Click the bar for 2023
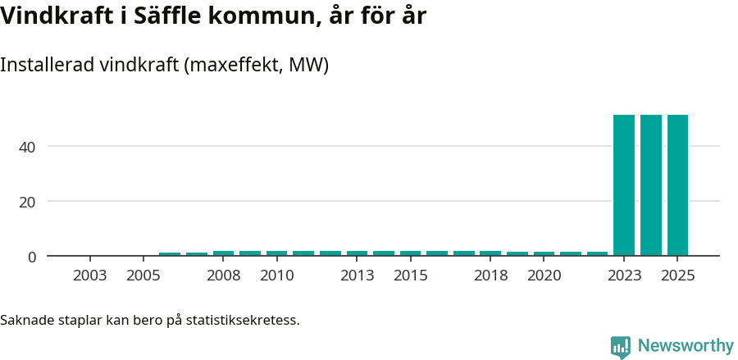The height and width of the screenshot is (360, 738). pyautogui.click(x=624, y=185)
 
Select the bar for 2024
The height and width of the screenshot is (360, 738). pyautogui.click(x=651, y=185)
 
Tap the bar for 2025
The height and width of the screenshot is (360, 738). pyautogui.click(x=677, y=185)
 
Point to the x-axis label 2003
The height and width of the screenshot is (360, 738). pyautogui.click(x=90, y=276)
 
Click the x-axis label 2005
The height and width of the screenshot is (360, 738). pyautogui.click(x=143, y=276)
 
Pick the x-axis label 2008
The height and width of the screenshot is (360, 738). pyautogui.click(x=224, y=276)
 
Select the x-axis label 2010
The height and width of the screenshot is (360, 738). pyautogui.click(x=277, y=276)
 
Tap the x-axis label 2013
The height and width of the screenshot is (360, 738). pyautogui.click(x=358, y=276)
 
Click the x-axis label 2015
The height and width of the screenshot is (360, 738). pyautogui.click(x=411, y=276)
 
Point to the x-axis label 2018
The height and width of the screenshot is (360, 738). pyautogui.click(x=491, y=276)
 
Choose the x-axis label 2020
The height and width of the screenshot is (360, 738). pyautogui.click(x=544, y=276)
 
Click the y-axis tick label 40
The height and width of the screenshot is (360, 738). pyautogui.click(x=29, y=147)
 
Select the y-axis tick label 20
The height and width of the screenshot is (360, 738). pyautogui.click(x=29, y=202)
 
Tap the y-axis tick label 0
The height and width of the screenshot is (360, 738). pyautogui.click(x=32, y=257)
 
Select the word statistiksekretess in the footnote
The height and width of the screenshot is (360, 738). pyautogui.click(x=243, y=319)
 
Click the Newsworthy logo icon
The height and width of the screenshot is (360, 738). pyautogui.click(x=621, y=347)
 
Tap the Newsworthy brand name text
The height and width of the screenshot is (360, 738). pyautogui.click(x=686, y=346)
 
